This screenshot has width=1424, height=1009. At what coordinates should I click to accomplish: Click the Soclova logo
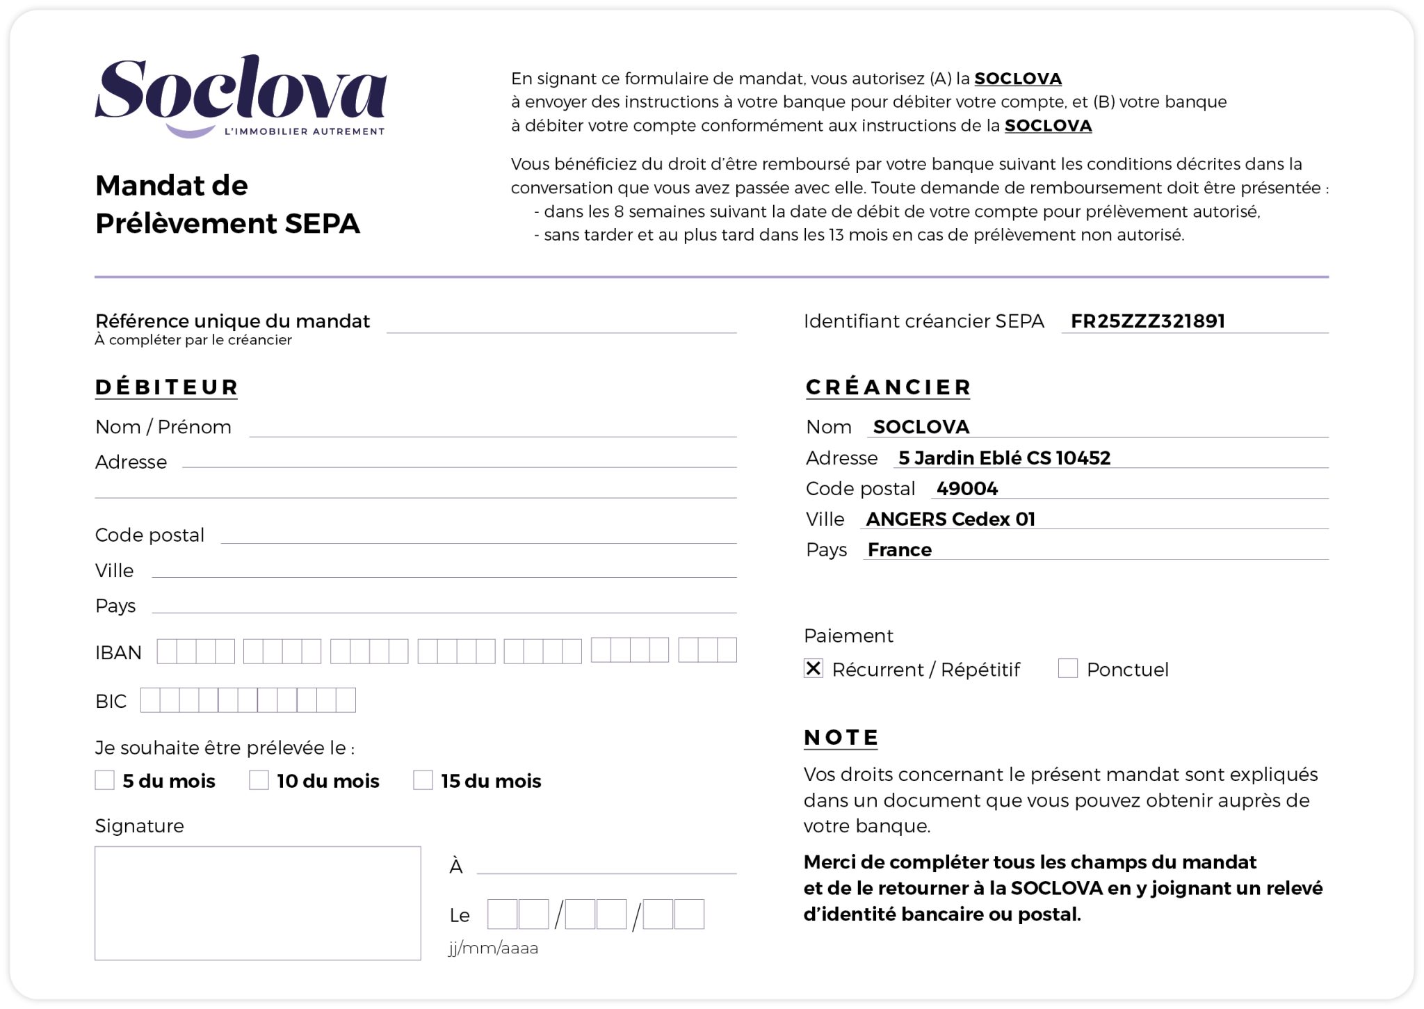click(240, 96)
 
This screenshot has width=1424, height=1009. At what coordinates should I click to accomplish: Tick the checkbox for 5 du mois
click(105, 780)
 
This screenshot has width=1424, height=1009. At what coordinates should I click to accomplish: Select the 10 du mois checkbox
click(259, 780)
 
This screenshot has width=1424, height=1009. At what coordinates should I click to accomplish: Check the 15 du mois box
click(423, 780)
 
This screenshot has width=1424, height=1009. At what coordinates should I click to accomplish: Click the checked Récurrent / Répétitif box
click(813, 668)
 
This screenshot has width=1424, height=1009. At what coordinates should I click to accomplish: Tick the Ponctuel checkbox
click(1067, 668)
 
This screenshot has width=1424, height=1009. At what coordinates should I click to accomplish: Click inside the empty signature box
click(257, 903)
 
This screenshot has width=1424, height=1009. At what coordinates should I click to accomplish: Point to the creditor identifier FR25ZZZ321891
click(1147, 321)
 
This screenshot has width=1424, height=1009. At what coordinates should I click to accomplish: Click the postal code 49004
click(966, 489)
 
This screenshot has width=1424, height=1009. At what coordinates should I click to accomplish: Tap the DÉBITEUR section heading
click(167, 387)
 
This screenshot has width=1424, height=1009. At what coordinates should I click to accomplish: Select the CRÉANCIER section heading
click(888, 387)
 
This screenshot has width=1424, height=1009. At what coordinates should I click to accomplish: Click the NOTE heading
click(841, 737)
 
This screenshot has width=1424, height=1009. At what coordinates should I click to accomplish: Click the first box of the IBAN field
click(167, 651)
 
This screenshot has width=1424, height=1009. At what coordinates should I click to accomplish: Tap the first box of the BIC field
click(150, 700)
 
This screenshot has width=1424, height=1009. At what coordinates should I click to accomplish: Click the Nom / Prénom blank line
click(492, 428)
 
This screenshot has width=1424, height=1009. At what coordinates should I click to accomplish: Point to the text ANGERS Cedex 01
click(950, 519)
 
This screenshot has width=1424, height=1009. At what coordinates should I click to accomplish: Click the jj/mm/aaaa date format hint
click(493, 949)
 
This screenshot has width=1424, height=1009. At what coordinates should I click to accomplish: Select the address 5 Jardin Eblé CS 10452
click(1004, 458)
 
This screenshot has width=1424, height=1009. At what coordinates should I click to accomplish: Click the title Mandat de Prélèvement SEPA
click(227, 204)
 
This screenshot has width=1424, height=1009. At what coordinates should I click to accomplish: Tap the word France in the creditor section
click(899, 550)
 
